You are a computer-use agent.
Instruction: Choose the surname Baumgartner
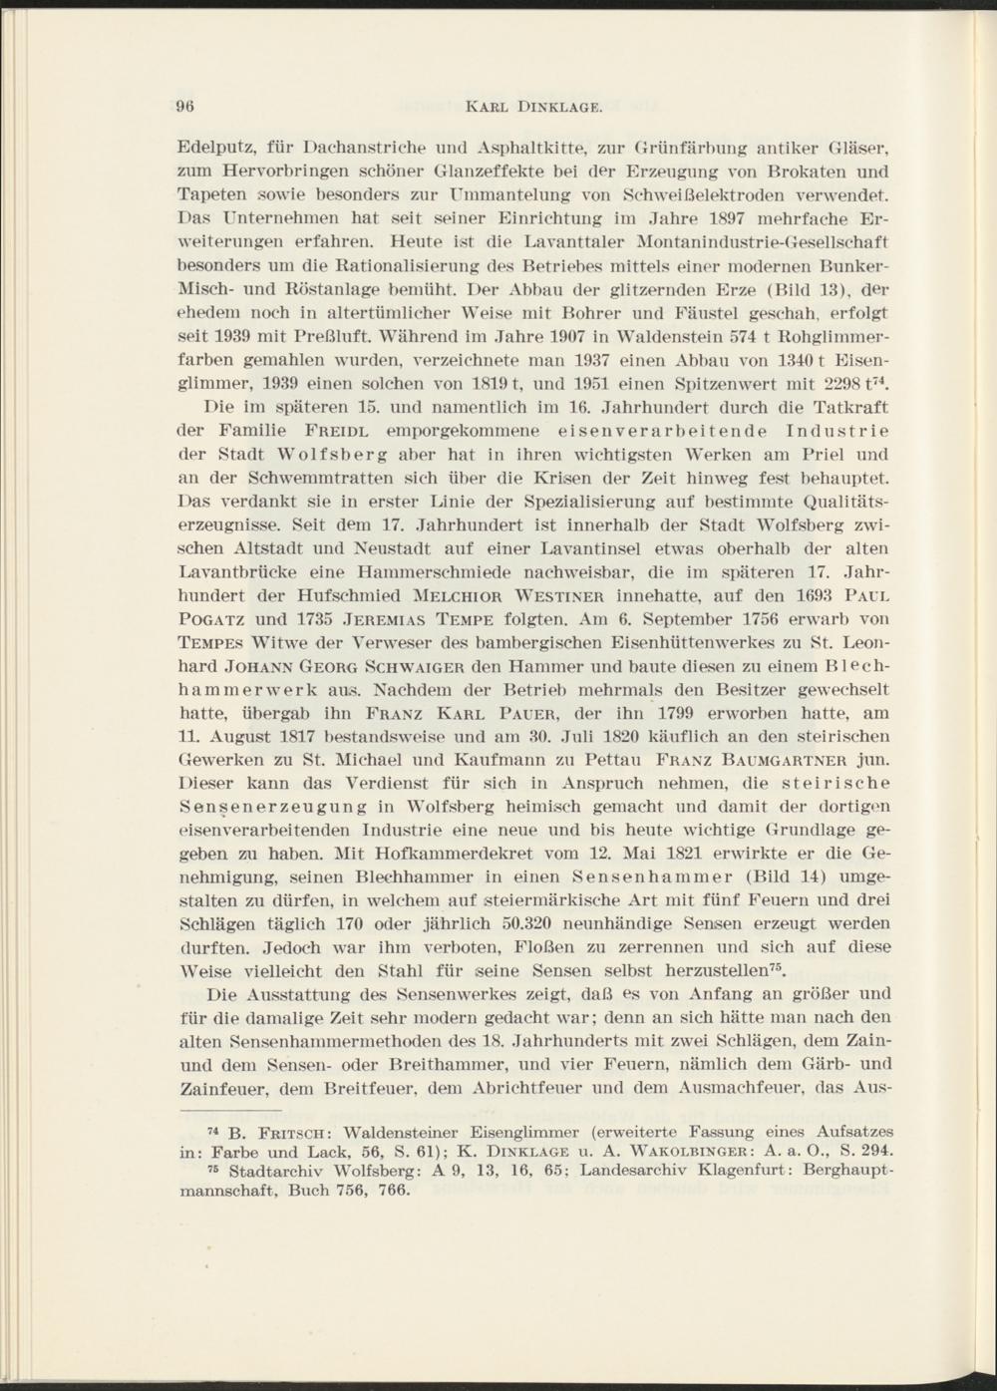click(789, 763)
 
